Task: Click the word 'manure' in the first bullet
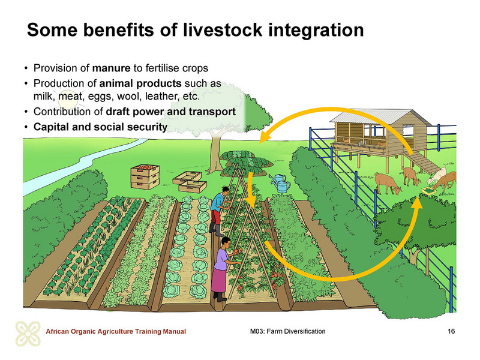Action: tap(111, 68)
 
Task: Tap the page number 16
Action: tap(451, 331)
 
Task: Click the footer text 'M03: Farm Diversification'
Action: tap(288, 331)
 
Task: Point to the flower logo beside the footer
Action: tap(28, 334)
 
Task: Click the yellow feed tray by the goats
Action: tap(429, 191)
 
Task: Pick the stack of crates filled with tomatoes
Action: tap(145, 176)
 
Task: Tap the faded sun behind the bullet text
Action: tap(68, 98)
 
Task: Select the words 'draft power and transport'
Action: tap(171, 112)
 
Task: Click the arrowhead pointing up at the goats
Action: tap(416, 202)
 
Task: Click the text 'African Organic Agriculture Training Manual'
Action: tap(116, 332)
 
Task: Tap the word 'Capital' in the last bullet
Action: tap(52, 127)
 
